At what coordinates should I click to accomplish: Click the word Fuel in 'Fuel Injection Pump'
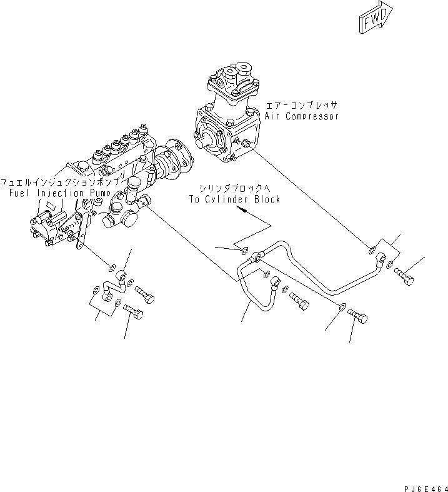click(x=19, y=193)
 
